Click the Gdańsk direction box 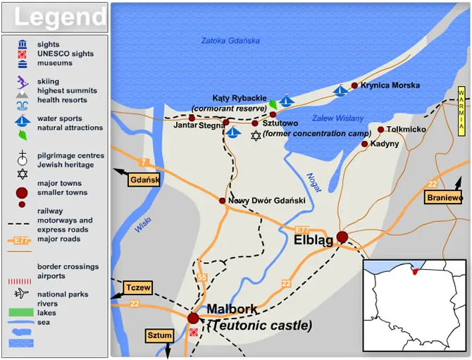144,180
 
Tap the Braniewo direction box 445,198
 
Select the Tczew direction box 138,287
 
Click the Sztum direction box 159,335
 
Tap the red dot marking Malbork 193,318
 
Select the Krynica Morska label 390,86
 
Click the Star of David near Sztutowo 256,135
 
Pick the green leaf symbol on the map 273,104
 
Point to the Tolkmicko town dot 380,130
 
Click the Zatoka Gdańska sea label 230,40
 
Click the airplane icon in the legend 22,294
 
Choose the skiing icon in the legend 22,81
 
